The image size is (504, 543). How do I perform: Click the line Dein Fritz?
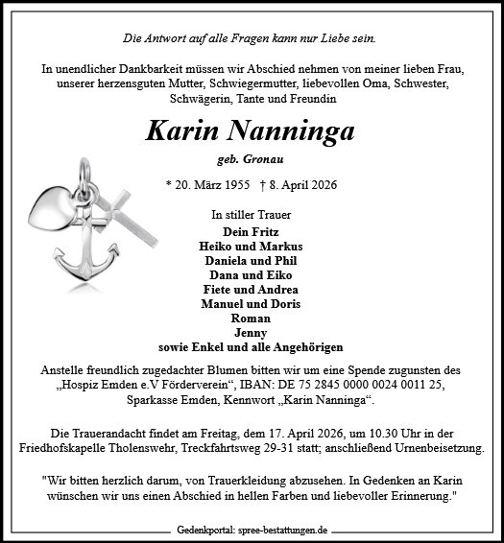[x=252, y=230]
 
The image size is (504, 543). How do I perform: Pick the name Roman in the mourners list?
[x=252, y=318]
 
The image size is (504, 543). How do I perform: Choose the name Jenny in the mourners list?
[x=252, y=332]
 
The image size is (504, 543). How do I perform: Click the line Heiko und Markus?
[x=252, y=245]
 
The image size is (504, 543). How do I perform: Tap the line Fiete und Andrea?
[x=252, y=288]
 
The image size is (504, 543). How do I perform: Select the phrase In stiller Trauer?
[x=252, y=215]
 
